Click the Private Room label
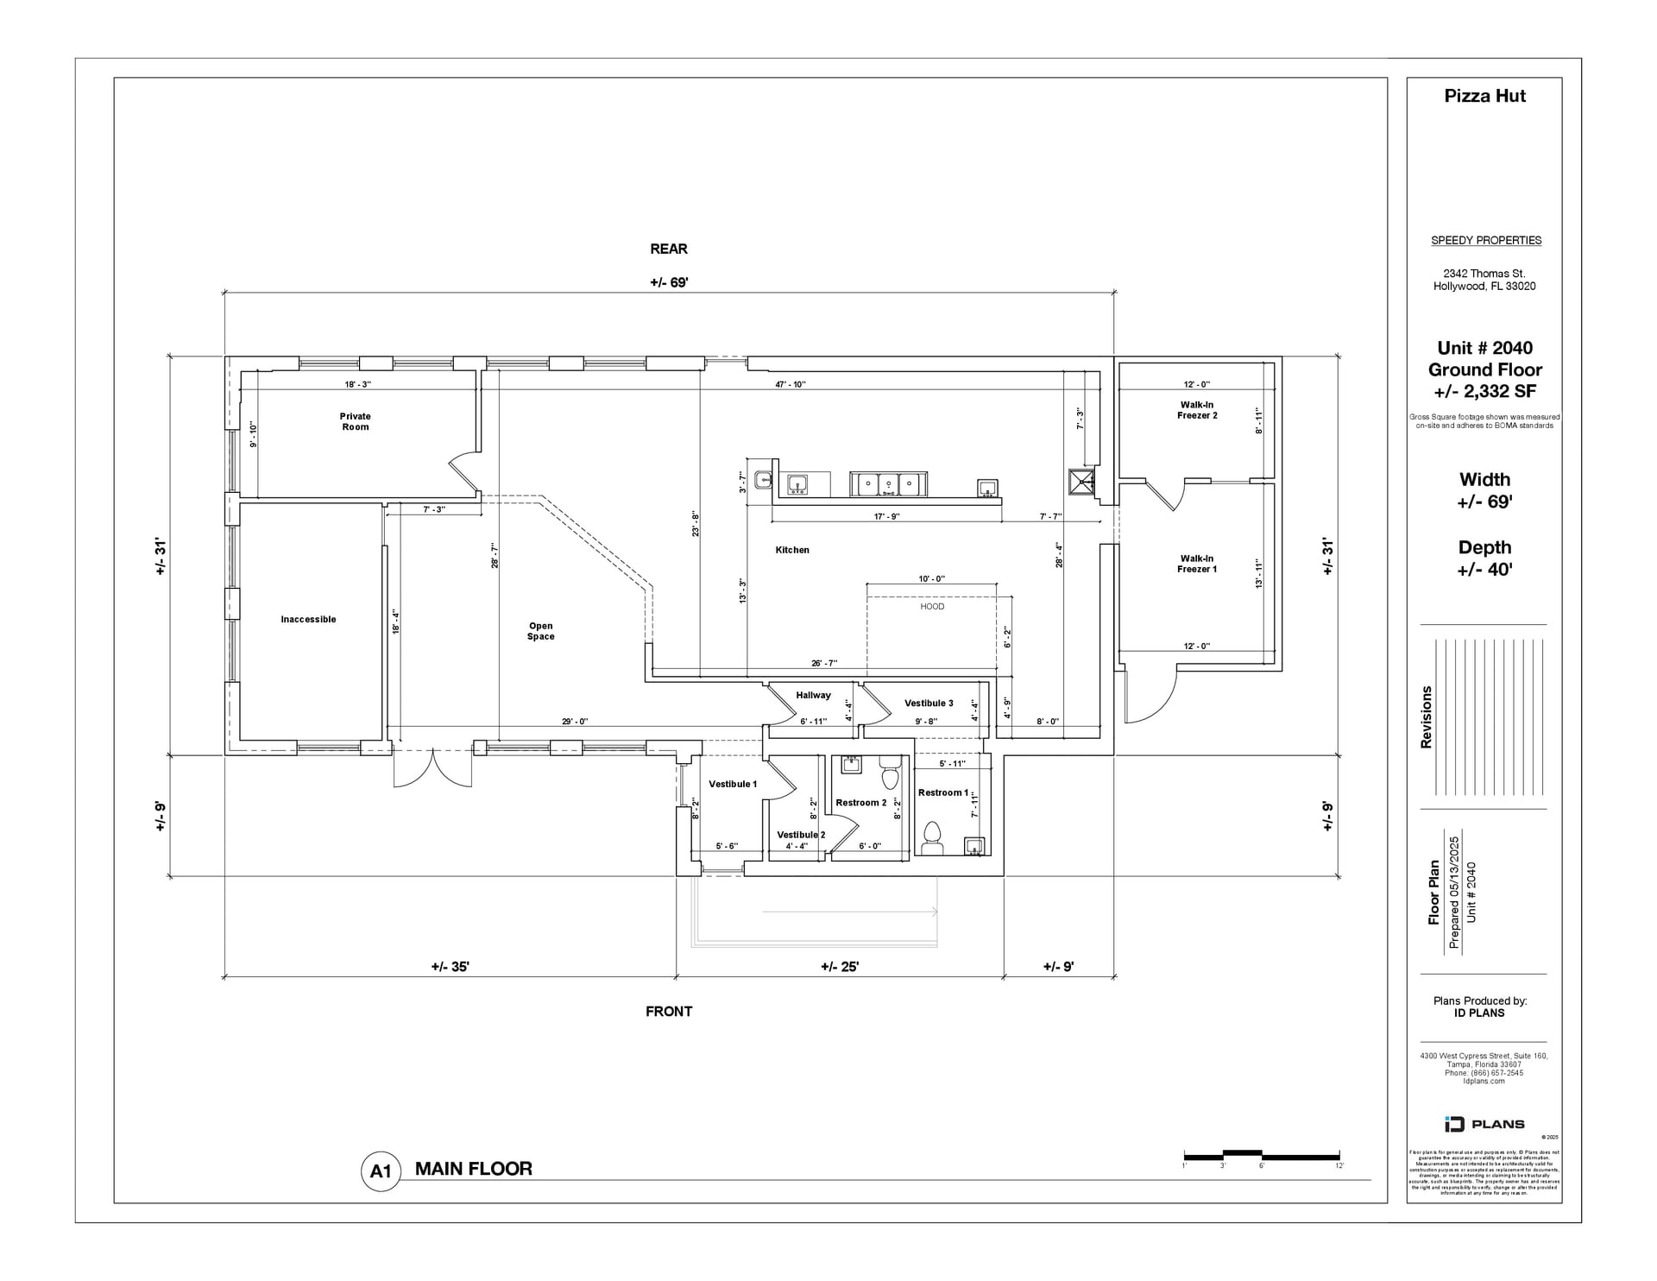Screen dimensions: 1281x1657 coord(355,421)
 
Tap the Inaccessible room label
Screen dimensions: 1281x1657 coord(308,619)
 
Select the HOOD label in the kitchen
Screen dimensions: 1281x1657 coord(932,607)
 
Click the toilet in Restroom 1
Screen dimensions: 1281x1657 coord(931,834)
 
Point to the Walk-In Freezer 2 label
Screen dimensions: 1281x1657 coord(1197,410)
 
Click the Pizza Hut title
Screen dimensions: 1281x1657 coord(1484,96)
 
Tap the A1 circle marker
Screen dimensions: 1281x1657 coord(381,1171)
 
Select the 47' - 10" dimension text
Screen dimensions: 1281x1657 coord(790,384)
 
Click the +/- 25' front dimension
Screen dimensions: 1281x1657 coord(839,967)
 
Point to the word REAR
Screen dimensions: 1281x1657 coord(669,249)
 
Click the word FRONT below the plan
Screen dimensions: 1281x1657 coord(669,1011)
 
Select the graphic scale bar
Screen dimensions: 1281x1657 coord(1261,1155)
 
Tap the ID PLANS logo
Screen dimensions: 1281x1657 coord(1484,1124)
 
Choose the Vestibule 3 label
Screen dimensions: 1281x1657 coord(929,703)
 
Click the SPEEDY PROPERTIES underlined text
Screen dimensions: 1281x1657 coord(1485,241)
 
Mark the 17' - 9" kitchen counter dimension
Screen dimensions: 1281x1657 coord(886,517)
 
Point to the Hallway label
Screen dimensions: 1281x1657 coord(813,695)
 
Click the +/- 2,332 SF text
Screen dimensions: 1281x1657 coord(1484,391)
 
